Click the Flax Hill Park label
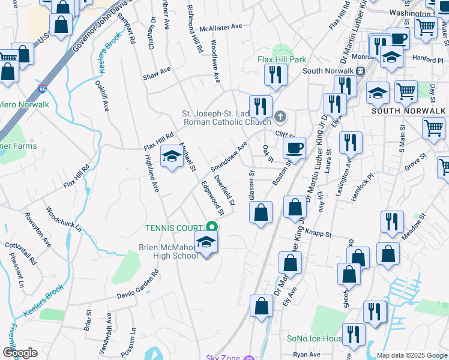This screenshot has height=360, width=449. (282, 60)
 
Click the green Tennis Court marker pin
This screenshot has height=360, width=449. (211, 227)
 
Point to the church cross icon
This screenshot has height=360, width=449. (279, 116)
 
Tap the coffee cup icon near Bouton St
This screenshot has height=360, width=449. (294, 148)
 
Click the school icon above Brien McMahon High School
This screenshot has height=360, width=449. (206, 242)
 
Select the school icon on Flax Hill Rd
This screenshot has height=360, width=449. (172, 157)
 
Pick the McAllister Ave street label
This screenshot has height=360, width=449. (220, 27)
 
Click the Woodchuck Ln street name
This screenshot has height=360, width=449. (64, 219)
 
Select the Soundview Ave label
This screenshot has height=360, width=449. (229, 155)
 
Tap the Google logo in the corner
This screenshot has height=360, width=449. (20, 352)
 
